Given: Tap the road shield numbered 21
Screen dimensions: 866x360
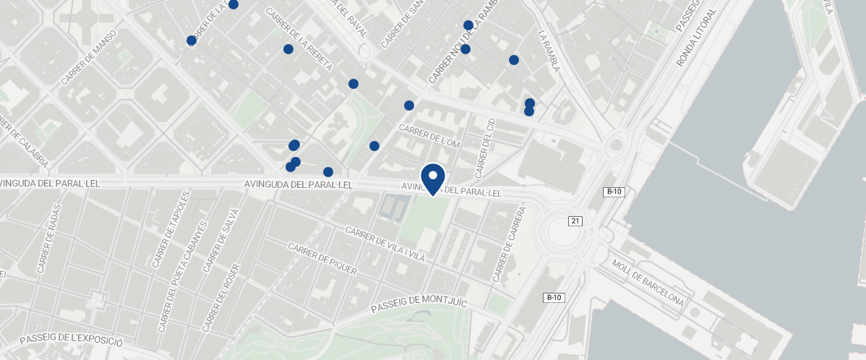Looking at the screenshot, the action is (575, 220).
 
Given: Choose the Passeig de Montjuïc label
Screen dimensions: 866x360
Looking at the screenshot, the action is (420, 299).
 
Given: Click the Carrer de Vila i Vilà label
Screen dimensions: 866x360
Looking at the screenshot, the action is (385, 244).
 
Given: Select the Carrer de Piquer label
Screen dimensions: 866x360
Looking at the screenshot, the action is (322, 259).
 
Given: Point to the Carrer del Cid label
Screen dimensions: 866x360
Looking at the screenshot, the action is (484, 147).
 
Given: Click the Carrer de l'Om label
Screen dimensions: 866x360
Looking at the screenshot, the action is (429, 137).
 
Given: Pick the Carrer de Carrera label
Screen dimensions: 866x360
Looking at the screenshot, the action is (508, 251).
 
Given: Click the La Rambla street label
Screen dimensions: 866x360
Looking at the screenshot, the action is (549, 51).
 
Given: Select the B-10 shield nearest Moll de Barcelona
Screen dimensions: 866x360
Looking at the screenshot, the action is (554, 298).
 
